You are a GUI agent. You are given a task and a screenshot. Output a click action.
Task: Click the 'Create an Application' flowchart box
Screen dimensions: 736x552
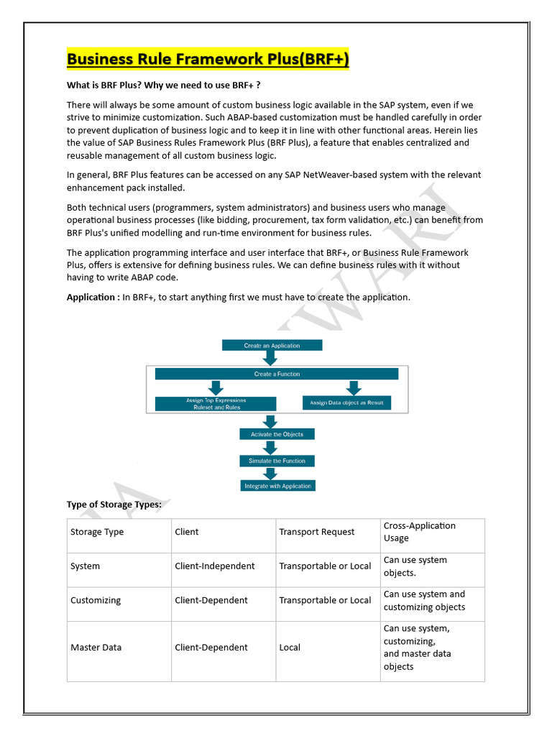point(272,346)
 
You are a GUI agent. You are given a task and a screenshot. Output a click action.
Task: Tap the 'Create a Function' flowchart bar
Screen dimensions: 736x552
point(277,374)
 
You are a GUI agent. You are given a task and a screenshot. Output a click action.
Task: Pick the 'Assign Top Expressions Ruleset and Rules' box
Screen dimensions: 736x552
point(216,403)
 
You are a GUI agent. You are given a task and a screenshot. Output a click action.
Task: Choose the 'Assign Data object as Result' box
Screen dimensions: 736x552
point(346,402)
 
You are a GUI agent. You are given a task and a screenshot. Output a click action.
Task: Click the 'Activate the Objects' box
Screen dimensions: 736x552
point(277,434)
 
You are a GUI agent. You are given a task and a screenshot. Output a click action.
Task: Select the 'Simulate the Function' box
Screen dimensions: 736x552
point(277,461)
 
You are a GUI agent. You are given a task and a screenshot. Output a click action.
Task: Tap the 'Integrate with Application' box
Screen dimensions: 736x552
point(277,486)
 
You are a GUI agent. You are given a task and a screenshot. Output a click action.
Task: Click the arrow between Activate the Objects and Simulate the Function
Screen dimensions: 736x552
point(270,447)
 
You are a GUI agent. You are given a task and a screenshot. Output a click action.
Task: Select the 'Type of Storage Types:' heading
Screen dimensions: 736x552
point(114,505)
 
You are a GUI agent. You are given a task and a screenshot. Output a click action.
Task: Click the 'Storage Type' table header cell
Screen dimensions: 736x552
point(97,532)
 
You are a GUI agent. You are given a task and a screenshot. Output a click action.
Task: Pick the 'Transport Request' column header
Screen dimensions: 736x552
point(316,532)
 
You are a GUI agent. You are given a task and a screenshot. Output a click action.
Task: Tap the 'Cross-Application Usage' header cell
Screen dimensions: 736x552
point(420,532)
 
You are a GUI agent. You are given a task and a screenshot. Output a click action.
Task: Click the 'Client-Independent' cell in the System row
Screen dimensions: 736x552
point(214,566)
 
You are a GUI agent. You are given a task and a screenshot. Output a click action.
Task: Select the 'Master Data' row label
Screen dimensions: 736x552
point(96,648)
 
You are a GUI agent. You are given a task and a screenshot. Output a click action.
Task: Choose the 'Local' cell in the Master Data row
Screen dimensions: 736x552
point(290,648)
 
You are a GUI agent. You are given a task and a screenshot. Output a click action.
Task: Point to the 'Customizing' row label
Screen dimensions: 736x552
point(96,600)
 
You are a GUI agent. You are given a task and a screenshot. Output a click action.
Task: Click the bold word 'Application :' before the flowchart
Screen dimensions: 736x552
point(93,297)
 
